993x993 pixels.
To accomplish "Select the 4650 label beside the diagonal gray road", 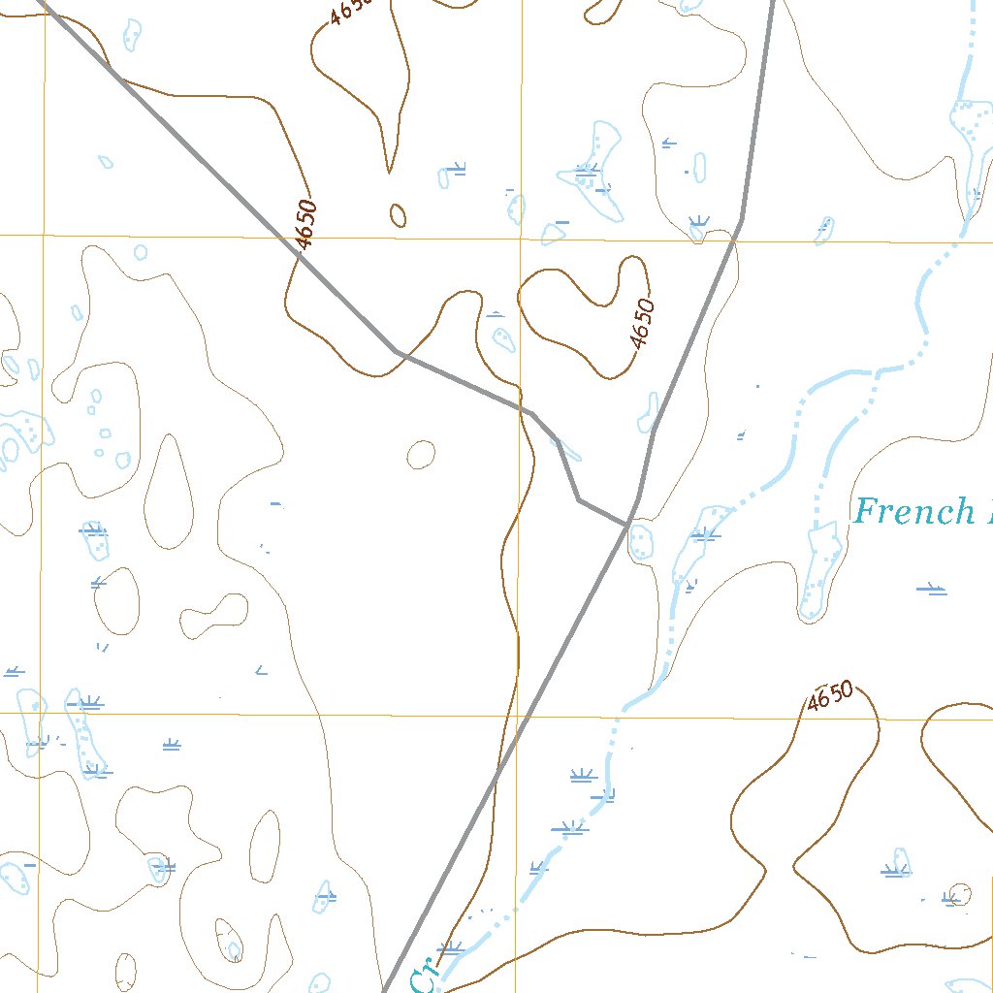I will point(304,225).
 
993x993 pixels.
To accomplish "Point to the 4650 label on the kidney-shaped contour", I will point(642,324).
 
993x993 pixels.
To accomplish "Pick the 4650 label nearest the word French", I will point(830,696).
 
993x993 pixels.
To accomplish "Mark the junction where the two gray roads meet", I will point(630,525).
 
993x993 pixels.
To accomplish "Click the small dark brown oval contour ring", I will point(398,214).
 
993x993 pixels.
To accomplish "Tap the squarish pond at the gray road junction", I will point(641,541).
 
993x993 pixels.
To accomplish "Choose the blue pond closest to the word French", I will point(820,572).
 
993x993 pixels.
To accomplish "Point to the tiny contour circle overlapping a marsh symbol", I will point(958,895).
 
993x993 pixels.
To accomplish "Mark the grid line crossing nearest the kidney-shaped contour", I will point(521,238).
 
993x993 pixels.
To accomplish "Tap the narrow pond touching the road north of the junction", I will point(648,412).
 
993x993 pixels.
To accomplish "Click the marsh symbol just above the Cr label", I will point(450,946).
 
